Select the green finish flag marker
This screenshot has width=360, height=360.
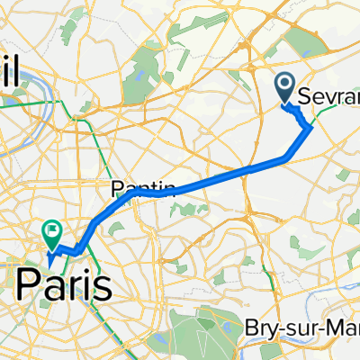(x=50, y=232)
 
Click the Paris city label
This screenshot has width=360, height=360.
(x=65, y=287)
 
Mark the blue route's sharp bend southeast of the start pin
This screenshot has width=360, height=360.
(x=311, y=128)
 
